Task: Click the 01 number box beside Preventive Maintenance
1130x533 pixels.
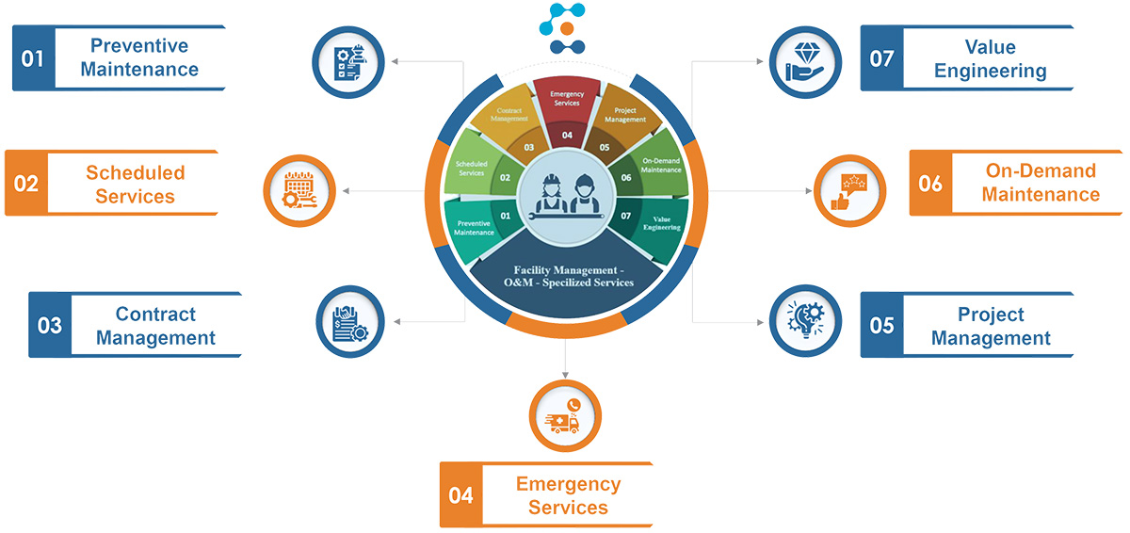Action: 33,58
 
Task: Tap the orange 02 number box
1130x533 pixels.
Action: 25,183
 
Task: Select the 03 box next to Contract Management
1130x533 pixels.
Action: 49,325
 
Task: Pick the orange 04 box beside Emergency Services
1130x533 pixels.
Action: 460,494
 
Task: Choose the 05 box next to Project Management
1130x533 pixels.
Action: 881,325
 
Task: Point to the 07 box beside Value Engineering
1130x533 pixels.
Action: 881,58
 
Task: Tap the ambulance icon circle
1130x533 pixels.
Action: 566,414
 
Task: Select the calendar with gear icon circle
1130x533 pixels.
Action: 299,191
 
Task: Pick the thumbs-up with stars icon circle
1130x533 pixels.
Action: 849,191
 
